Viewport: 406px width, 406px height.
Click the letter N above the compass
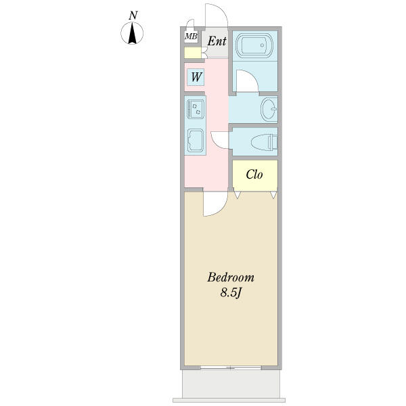(x=133, y=16)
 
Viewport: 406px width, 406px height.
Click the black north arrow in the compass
(x=133, y=33)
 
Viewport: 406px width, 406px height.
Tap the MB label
(x=191, y=37)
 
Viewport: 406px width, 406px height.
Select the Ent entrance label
(x=217, y=41)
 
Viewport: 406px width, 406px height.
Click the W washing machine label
(x=196, y=77)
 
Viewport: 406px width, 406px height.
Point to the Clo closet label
(x=254, y=175)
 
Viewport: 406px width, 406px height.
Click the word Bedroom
(x=231, y=277)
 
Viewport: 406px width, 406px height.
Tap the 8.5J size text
(x=231, y=293)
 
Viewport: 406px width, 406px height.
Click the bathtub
(x=255, y=45)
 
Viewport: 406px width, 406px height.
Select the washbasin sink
(x=269, y=109)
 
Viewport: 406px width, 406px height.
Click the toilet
(x=265, y=142)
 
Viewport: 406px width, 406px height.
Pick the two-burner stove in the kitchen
(x=196, y=108)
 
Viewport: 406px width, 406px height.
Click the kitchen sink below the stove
(x=196, y=140)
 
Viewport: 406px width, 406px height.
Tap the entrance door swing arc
(x=221, y=10)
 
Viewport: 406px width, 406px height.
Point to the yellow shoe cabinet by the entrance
(x=193, y=53)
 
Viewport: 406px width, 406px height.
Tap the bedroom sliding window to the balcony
(x=231, y=367)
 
